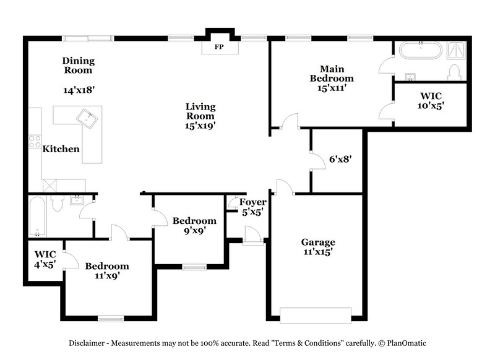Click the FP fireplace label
218,47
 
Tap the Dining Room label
78,65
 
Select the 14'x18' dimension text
79,90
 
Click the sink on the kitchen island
87,118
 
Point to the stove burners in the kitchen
34,142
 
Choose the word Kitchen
61,148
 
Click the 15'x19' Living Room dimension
200,126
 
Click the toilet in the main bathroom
454,72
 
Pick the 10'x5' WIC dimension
431,106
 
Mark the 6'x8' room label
340,159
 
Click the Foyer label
253,202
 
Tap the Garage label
318,242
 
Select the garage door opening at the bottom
316,314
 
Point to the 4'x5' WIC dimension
45,264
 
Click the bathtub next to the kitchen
37,217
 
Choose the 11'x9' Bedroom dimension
107,276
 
